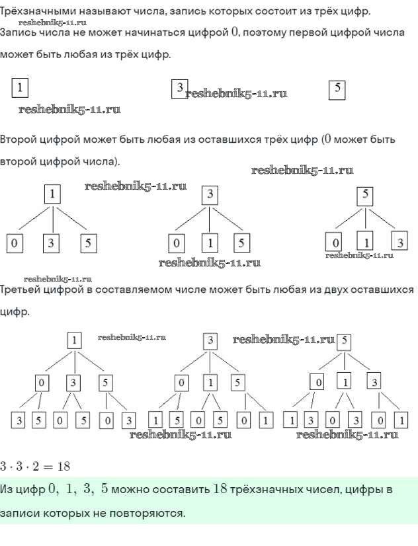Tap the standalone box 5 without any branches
[337, 88]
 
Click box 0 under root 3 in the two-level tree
[176, 243]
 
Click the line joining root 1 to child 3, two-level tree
[52, 219]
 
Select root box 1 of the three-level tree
[75, 340]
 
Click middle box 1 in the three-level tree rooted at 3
[210, 383]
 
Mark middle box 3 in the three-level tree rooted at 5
[375, 383]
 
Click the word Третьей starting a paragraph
[21, 290]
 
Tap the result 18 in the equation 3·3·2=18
[63, 466]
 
